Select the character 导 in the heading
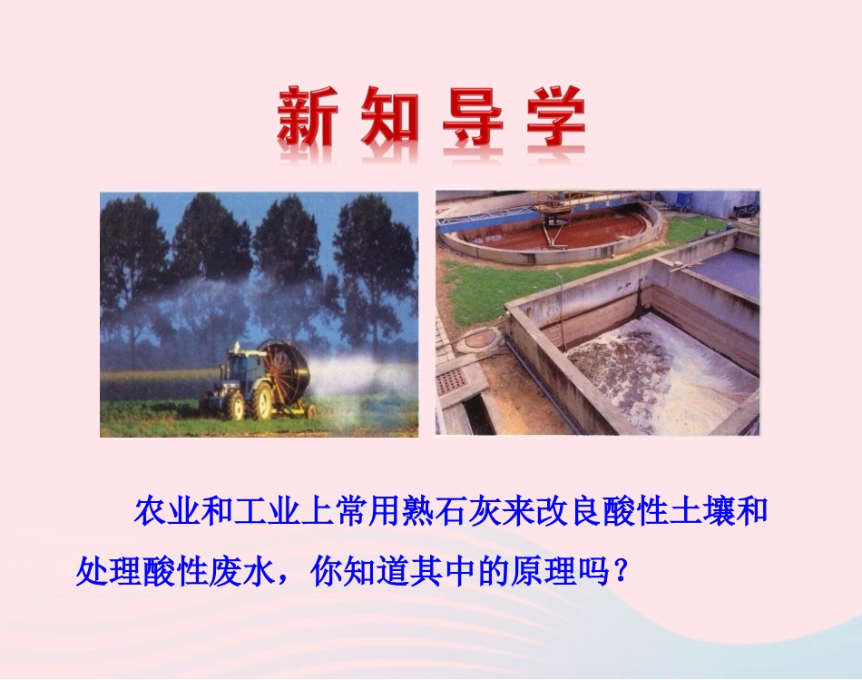pos(473,119)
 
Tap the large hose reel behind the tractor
pos(282,375)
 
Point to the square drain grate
pos(451,380)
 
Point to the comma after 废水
pos(289,580)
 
